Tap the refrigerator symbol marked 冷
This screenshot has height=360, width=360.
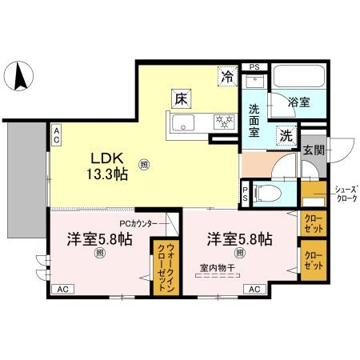[229, 78]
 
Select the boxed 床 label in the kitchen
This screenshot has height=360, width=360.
[182, 100]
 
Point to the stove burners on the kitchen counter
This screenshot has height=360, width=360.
[222, 122]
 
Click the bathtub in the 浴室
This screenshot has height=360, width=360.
[297, 81]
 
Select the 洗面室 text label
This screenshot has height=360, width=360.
[257, 119]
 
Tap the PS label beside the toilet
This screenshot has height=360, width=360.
[246, 194]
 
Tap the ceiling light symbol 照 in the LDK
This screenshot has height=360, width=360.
[144, 165]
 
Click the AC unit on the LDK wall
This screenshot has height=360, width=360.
[57, 134]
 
